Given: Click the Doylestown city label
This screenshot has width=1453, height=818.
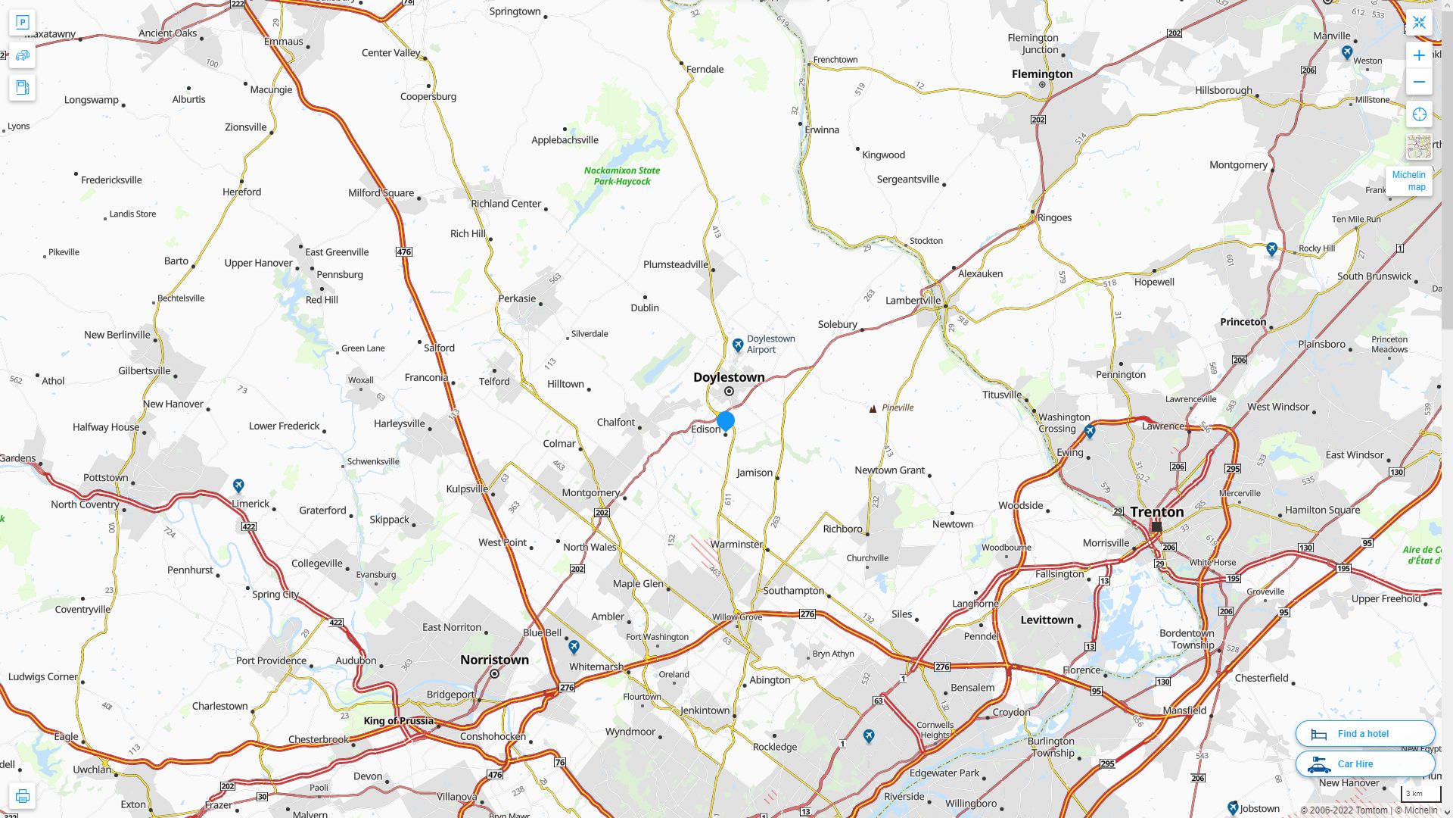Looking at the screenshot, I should [729, 377].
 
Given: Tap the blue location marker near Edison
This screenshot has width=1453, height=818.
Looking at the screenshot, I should [726, 420].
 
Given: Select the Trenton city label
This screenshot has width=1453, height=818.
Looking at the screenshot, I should [1156, 512].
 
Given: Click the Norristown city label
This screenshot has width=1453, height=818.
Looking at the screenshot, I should [494, 660].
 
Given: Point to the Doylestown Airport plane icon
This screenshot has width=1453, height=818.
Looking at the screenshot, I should [738, 345].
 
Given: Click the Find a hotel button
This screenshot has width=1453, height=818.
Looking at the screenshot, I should [1364, 734].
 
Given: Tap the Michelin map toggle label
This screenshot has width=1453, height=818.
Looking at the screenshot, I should [1408, 181].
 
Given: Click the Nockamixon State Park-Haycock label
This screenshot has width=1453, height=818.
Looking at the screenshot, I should [622, 176].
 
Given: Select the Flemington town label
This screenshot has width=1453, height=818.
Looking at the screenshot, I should [1042, 74].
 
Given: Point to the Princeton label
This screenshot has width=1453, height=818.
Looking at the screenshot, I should [1243, 322].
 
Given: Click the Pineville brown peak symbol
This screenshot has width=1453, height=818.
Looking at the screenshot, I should [873, 408].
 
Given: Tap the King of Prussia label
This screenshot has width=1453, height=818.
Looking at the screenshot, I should [398, 721].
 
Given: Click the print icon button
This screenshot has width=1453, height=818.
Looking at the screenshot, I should [22, 796].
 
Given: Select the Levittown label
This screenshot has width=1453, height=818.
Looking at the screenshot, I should [1047, 620].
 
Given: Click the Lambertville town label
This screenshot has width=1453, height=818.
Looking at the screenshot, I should [913, 301].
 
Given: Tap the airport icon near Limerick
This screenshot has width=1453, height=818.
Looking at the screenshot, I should [238, 485].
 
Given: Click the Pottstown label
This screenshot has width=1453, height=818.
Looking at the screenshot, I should [105, 478].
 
